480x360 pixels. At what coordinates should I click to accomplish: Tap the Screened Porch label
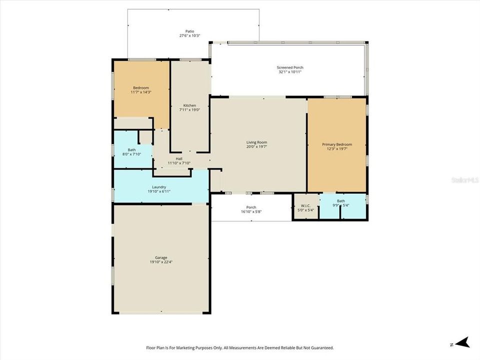pos(290,67)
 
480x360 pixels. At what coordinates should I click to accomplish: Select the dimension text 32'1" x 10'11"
pos(290,72)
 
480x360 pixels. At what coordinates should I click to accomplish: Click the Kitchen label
pos(189,105)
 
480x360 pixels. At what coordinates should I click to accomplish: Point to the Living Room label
pos(256,142)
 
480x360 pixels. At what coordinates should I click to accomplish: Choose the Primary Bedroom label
pos(336,144)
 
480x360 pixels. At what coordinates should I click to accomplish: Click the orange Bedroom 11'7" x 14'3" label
pos(140,88)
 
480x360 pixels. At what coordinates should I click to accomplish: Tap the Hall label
pos(179,158)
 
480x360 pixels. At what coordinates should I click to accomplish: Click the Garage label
pos(161,257)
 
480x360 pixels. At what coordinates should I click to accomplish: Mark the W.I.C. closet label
pos(305,205)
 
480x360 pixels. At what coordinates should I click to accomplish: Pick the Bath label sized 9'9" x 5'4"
pos(340,201)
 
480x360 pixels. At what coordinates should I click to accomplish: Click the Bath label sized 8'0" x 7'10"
pos(131,149)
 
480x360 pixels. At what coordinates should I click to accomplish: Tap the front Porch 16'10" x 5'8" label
pos(251,207)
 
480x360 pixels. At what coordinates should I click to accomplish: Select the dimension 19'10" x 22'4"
pos(161,262)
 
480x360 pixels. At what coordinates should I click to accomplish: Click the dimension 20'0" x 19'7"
pos(256,147)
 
